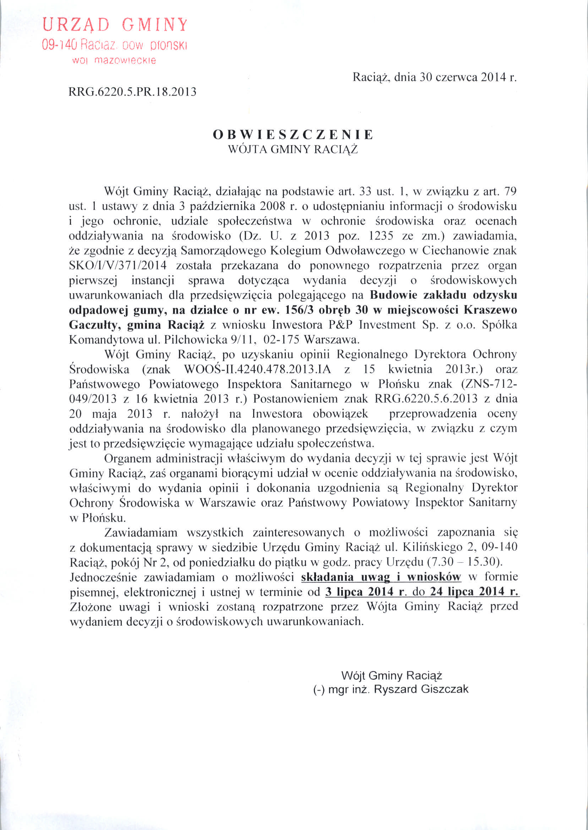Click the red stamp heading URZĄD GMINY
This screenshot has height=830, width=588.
115,25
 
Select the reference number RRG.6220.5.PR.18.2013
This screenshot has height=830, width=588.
132,92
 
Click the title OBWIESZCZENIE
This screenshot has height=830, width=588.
293,134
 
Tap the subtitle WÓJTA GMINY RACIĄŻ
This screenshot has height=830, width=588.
293,149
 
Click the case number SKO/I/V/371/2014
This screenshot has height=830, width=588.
118,265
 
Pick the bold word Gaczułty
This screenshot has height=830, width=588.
94,325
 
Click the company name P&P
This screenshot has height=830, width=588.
341,325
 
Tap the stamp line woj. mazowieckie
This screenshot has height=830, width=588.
114,60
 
